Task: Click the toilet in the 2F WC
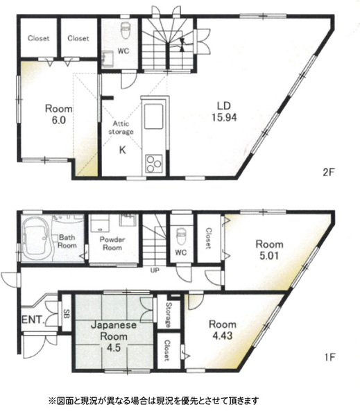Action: pos(125,31)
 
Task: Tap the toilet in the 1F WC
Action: pos(182,236)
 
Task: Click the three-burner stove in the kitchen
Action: pos(154,163)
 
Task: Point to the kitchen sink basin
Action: pos(153,116)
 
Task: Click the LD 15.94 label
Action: pos(224,112)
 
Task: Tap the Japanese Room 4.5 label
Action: pos(114,336)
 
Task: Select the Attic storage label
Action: pos(121,128)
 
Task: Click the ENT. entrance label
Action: pos(33,320)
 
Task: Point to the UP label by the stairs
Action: pos(155,270)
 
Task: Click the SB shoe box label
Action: pos(67,314)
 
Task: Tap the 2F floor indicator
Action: pos(329,173)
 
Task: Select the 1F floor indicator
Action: pos(329,357)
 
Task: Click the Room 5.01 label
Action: pos(269,250)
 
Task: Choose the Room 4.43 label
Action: pos(223,330)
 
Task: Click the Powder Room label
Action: pos(112,243)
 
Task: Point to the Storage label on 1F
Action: pos(169,315)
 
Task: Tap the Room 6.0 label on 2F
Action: pos(59,114)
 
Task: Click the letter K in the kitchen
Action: pos(122,150)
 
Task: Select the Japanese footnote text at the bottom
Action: pos(153,400)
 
